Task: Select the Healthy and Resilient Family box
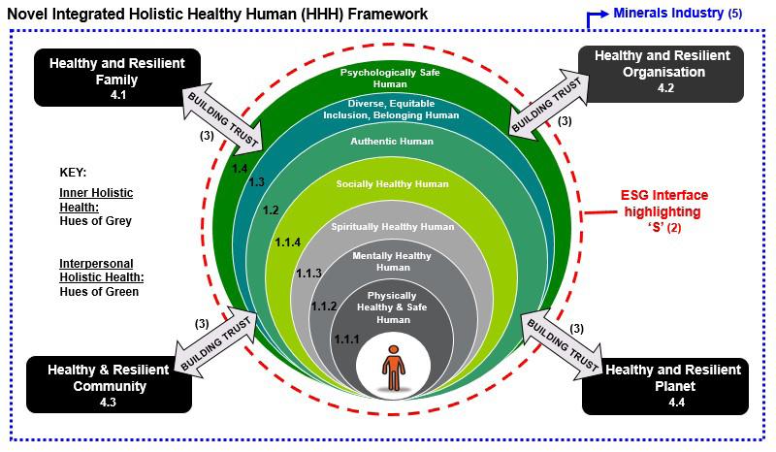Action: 124,77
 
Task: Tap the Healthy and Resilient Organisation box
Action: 663,74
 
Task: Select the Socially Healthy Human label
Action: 393,183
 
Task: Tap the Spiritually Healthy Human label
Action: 393,227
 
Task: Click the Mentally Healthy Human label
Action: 393,262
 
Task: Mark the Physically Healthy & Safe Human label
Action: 393,307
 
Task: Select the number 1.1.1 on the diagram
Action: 346,339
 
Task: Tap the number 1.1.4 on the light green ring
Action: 288,242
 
